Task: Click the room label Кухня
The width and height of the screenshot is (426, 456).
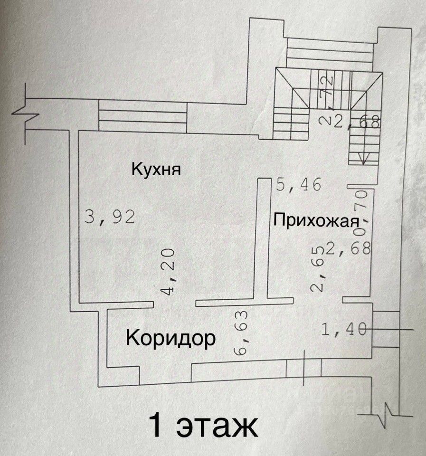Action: click(156, 169)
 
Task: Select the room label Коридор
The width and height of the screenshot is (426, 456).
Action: click(170, 338)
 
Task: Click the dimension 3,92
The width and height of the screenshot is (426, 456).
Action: click(110, 217)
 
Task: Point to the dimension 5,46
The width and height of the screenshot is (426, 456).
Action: click(299, 184)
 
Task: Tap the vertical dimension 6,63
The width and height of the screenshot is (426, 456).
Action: click(241, 332)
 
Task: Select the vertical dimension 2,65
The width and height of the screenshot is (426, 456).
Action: click(318, 268)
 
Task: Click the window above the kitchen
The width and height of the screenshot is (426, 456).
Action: click(142, 116)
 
